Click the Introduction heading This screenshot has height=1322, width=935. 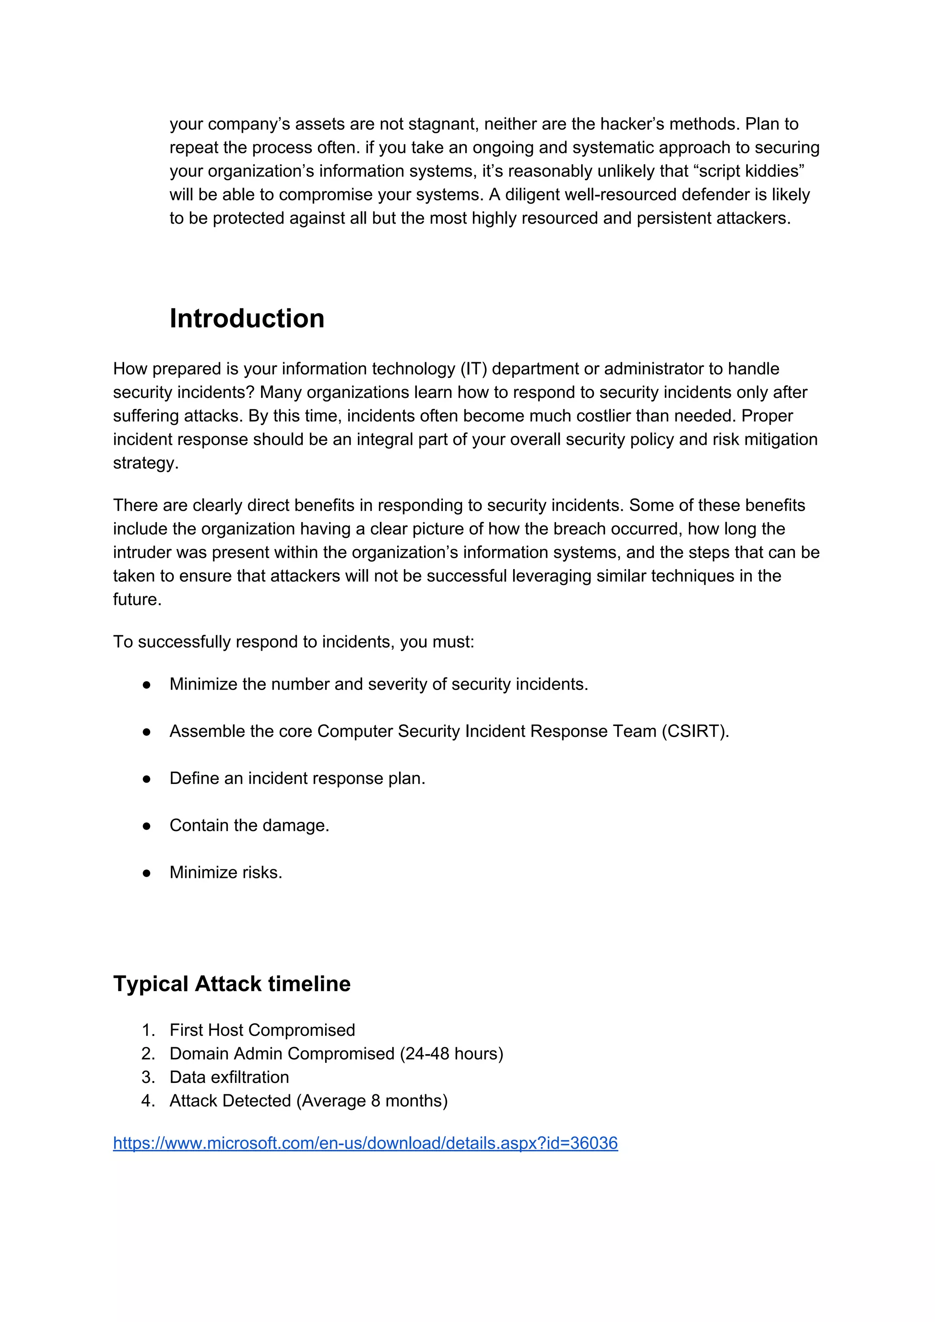click(247, 319)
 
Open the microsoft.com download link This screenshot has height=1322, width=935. click(365, 1143)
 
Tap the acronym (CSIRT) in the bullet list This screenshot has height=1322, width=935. click(695, 731)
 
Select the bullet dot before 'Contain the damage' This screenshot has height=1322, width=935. click(147, 826)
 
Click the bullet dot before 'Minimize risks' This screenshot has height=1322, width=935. click(147, 873)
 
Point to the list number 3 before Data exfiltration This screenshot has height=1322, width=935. click(147, 1077)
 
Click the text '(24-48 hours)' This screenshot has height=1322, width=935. click(451, 1054)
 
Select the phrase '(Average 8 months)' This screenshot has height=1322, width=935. click(372, 1101)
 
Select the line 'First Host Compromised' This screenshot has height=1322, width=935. click(262, 1030)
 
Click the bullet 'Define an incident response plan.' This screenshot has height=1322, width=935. click(297, 779)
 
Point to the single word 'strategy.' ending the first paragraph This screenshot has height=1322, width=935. click(146, 463)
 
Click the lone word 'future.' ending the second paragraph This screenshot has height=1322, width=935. click(137, 599)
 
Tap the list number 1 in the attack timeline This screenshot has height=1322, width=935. click(147, 1030)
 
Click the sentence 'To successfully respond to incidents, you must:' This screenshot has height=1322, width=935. click(293, 642)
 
